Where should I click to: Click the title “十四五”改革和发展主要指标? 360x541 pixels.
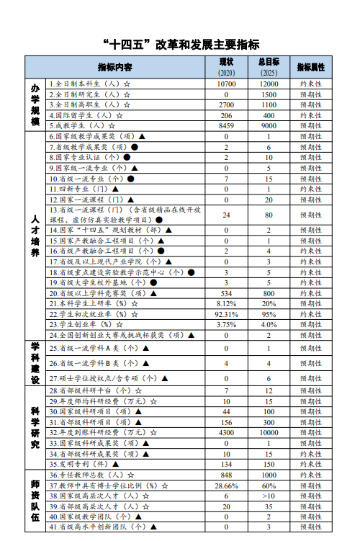[x=180, y=44]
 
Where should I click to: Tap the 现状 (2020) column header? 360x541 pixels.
[x=226, y=67]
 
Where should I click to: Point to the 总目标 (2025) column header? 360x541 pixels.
[x=268, y=67]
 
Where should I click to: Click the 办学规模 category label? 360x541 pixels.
[x=35, y=104]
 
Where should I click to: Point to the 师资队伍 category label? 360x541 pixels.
[x=35, y=501]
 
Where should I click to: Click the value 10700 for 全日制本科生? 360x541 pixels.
[x=226, y=84]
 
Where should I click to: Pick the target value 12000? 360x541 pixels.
[x=269, y=84]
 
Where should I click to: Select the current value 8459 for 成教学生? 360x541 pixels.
[x=226, y=125]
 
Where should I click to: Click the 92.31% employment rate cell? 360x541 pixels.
[x=226, y=314]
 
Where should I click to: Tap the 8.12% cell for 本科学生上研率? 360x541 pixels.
[x=226, y=304]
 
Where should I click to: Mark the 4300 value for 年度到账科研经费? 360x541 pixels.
[x=226, y=432]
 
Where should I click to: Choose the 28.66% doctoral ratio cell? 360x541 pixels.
[x=226, y=486]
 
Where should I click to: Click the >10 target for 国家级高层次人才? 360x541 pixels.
[x=269, y=496]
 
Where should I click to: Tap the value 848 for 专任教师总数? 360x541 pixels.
[x=226, y=475]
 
